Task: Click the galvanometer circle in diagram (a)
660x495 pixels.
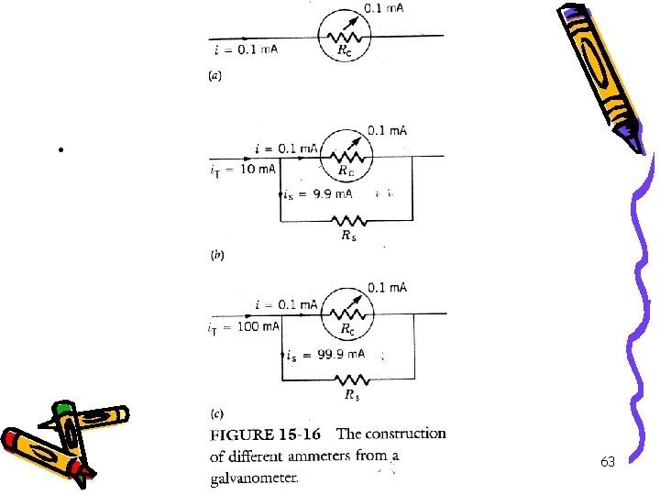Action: (343, 37)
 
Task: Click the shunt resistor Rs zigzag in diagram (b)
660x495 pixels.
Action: (348, 221)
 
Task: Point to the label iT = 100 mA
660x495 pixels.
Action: (245, 326)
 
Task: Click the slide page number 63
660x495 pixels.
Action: (608, 462)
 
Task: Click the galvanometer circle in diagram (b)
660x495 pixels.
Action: (344, 157)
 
